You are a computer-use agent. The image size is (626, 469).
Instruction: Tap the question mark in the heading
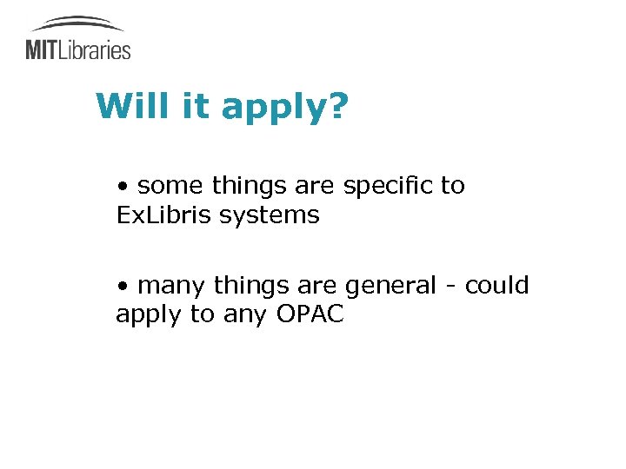pyautogui.click(x=337, y=106)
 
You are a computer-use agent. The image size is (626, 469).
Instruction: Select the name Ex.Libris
pyautogui.click(x=164, y=215)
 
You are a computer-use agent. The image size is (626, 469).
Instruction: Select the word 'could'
pyautogui.click(x=496, y=286)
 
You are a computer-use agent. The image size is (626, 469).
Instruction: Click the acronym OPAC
pyautogui.click(x=310, y=314)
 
